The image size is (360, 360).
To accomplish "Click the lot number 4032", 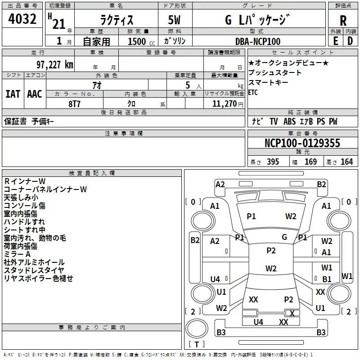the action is point(22,20).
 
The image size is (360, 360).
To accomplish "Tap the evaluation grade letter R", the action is point(343,20).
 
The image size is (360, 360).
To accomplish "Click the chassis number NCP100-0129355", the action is point(302,143).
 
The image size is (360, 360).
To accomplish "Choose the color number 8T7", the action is point(75,103).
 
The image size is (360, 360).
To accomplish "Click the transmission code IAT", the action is point(13,94).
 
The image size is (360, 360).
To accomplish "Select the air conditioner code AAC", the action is point(35,94).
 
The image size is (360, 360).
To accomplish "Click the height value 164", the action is point(346,162).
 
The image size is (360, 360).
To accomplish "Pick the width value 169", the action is point(310,162).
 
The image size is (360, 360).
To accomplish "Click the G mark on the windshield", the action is point(284,237).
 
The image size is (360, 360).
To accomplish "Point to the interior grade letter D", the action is point(350,40).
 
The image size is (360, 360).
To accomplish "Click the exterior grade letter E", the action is point(335,40).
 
